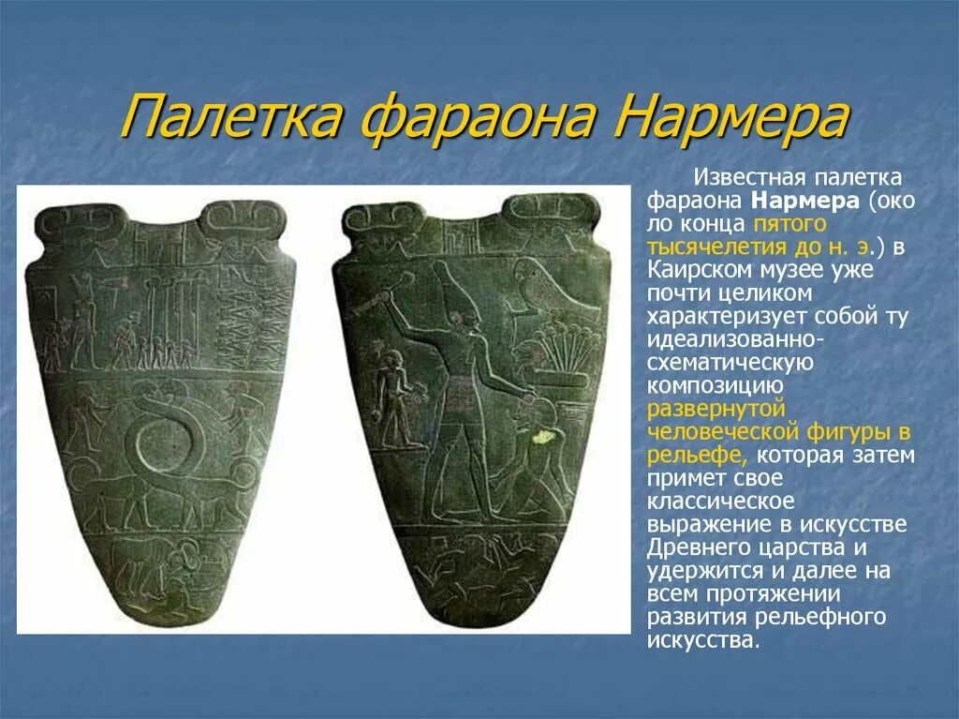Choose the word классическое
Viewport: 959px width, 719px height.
719,501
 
